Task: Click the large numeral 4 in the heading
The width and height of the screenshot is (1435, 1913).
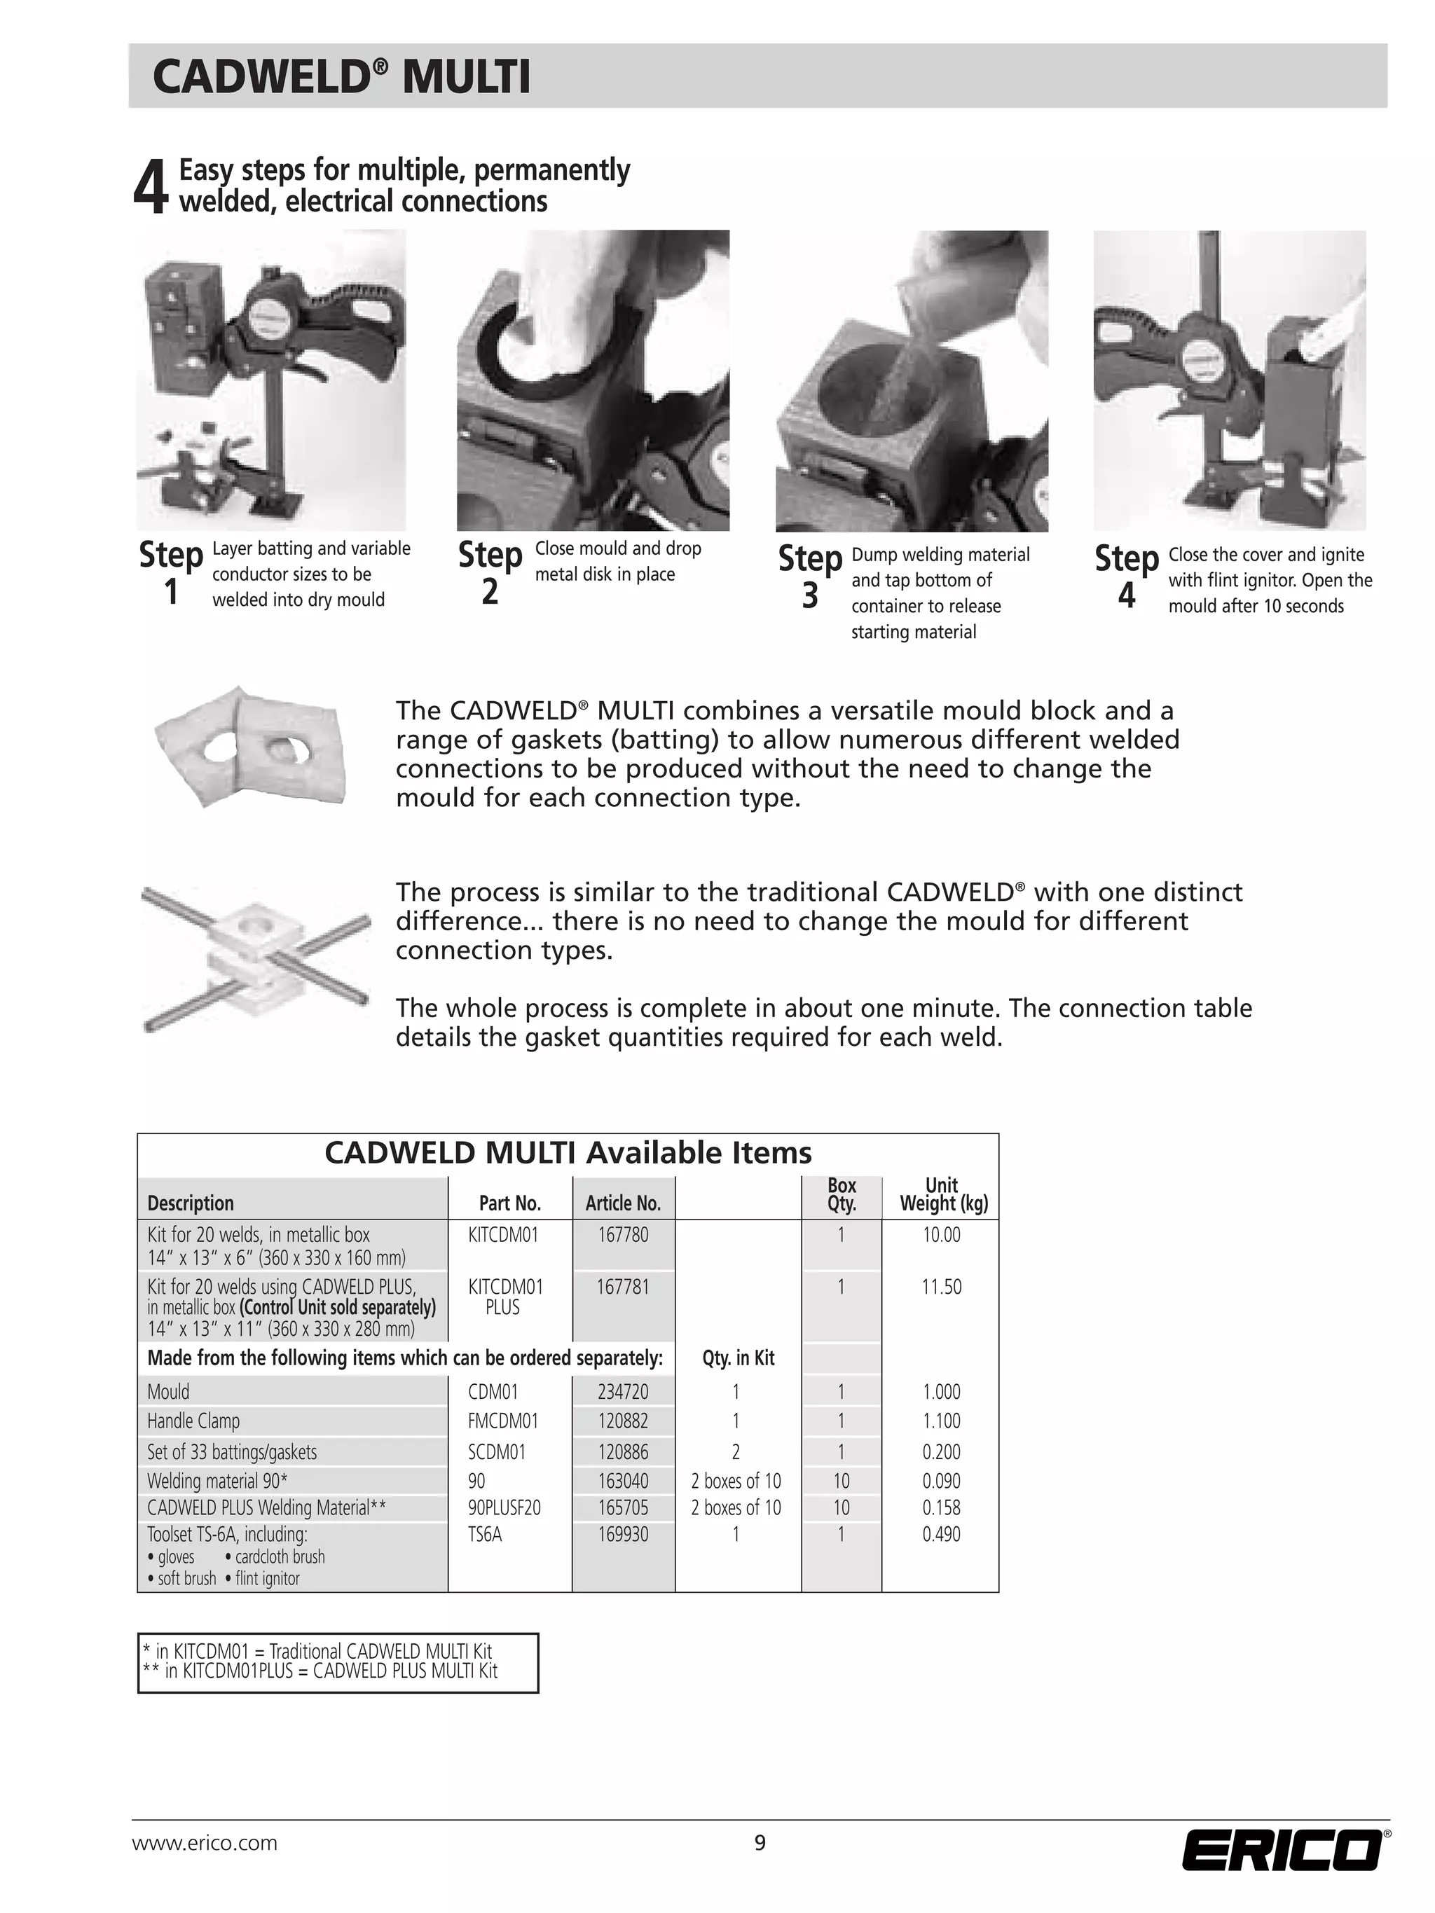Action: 150,188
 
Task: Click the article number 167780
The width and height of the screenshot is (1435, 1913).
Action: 623,1235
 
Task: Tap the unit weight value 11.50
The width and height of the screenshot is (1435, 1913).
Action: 941,1287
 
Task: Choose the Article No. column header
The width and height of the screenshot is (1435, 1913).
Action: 623,1203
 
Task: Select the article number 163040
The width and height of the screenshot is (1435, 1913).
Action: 623,1481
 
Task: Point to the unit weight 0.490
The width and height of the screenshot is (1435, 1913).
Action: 941,1534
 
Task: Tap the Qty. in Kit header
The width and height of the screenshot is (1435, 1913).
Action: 738,1358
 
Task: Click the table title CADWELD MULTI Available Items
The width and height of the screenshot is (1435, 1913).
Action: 568,1153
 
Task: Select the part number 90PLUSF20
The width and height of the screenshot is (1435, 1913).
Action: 504,1507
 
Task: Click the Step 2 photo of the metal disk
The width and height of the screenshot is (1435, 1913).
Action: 593,380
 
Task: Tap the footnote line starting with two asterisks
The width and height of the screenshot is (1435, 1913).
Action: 320,1671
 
